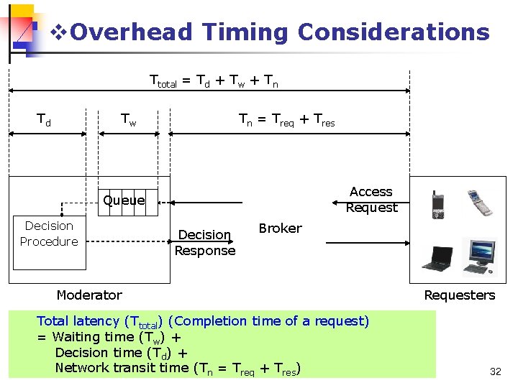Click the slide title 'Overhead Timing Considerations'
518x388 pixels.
281,32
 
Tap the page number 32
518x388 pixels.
495,371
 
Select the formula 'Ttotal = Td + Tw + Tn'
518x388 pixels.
214,82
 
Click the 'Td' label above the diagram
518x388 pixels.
44,120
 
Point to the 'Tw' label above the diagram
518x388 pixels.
128,120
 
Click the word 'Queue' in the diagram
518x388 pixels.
124,200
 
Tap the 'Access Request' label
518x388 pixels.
371,200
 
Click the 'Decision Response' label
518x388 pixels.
205,243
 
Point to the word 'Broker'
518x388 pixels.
280,228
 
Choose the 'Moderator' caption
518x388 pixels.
89,295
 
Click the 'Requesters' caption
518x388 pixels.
460,295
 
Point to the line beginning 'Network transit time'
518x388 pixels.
177,369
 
